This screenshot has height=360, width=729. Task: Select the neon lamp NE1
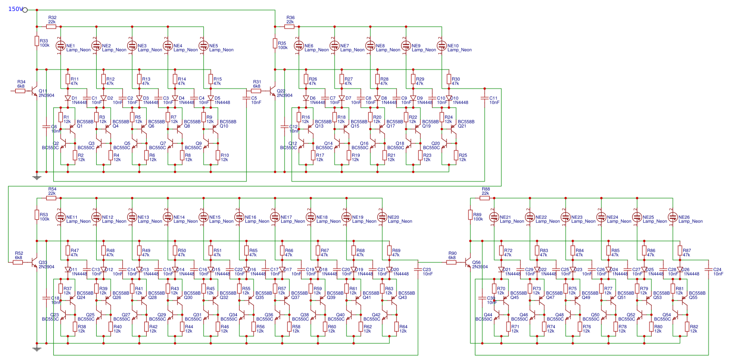61,46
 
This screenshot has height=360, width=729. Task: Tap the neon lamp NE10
442,46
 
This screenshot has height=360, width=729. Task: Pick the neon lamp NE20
382,217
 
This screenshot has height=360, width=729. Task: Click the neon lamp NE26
673,217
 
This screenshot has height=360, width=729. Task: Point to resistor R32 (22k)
52,26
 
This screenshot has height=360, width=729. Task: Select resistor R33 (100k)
37,41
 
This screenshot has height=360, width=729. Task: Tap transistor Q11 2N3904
34,91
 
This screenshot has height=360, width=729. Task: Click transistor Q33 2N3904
34,262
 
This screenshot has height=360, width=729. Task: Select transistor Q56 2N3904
467,262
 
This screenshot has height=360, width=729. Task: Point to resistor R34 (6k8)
20,90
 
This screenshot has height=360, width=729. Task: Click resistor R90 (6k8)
452,262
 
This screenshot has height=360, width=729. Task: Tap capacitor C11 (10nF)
484,98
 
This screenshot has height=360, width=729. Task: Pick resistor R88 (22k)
486,198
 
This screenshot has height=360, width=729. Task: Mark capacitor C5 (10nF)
246,98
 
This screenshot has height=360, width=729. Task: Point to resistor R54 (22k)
52,198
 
